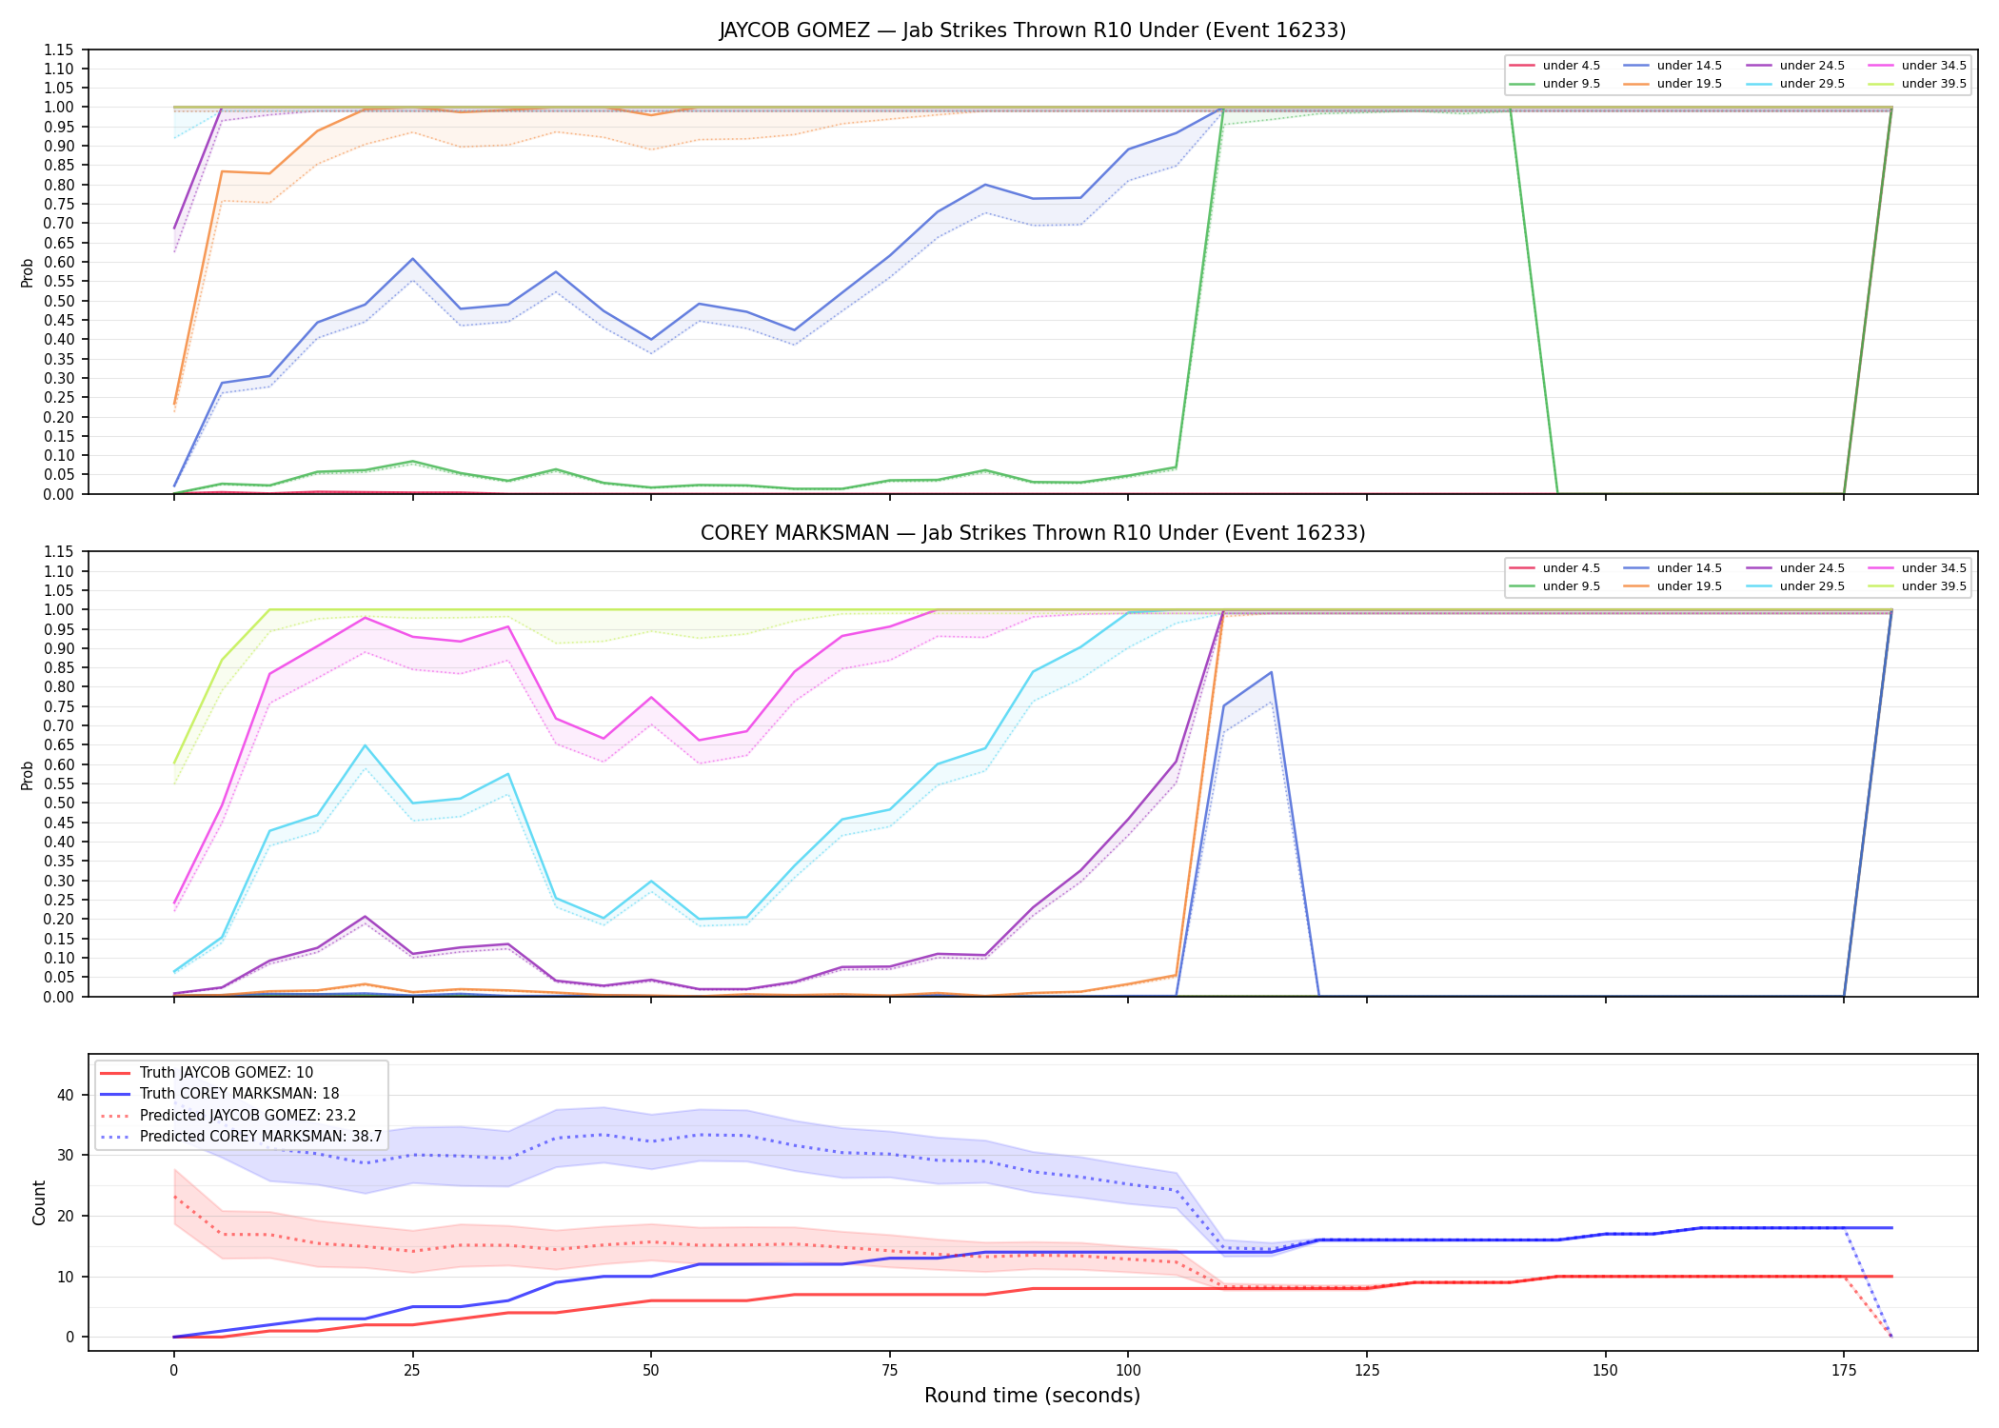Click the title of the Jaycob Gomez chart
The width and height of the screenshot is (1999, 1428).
(1032, 30)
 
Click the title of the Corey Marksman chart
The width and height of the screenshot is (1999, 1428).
(1033, 533)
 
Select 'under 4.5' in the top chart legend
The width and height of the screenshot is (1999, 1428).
(1571, 66)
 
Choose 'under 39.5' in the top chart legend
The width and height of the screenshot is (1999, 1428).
(1933, 84)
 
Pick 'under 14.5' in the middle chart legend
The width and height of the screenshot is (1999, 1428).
(1689, 568)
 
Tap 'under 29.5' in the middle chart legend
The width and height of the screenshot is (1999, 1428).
(1811, 586)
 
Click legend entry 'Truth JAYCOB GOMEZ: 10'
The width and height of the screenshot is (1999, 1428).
(227, 1073)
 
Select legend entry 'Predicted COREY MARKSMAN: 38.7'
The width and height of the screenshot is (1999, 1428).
(261, 1137)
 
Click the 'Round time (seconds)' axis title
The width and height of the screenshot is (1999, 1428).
(1032, 1396)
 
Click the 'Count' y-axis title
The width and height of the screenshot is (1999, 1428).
(39, 1202)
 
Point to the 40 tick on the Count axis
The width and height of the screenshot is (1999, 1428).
(65, 1095)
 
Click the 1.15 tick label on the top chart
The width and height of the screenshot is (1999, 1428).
(59, 50)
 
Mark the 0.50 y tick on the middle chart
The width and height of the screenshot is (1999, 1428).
(59, 803)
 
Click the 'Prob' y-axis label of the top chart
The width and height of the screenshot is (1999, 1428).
(28, 272)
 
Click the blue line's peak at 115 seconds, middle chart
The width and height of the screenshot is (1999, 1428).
(1271, 672)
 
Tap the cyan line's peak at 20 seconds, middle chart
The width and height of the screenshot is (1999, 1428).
(365, 745)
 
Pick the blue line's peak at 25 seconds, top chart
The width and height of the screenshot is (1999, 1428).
(412, 259)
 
